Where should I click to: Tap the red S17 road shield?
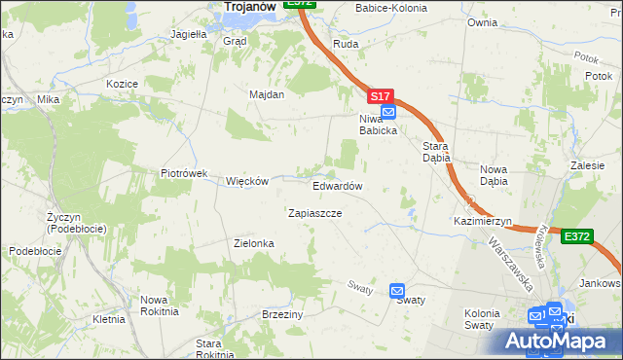click(381, 97)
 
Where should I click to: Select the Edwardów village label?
click(338, 186)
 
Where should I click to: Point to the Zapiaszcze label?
click(314, 212)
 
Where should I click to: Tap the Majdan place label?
click(266, 95)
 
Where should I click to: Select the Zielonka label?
click(256, 243)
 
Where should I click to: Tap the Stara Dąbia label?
click(434, 153)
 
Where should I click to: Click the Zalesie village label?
click(588, 166)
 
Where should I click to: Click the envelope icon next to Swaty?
click(396, 290)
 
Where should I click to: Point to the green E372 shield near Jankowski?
click(577, 235)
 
